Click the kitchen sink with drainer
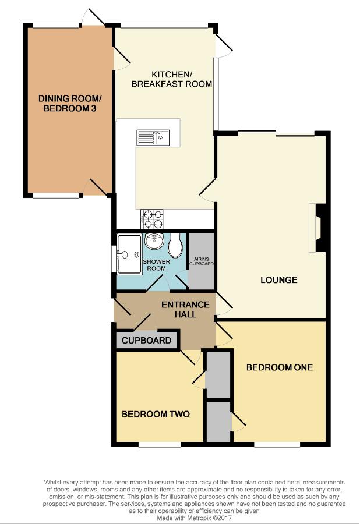(153, 137)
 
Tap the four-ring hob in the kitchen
(152, 219)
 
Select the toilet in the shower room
(175, 245)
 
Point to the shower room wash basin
(154, 241)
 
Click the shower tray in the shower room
(129, 254)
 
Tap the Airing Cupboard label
(201, 261)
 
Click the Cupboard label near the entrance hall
(146, 341)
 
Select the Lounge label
(279, 279)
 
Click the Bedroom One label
(280, 367)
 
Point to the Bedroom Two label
(156, 414)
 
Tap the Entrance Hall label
(185, 309)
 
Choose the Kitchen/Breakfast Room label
(172, 79)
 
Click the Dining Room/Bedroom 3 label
(70, 103)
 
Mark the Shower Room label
(157, 265)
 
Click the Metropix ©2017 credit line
(194, 518)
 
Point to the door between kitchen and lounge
(207, 189)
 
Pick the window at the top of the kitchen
(164, 25)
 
